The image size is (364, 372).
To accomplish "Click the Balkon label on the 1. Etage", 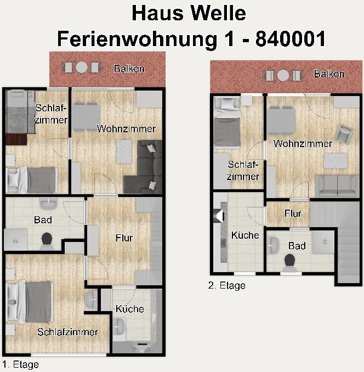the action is click(x=129, y=69).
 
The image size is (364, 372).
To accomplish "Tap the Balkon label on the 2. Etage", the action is click(x=329, y=74).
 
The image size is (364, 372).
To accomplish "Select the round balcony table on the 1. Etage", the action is click(x=82, y=67).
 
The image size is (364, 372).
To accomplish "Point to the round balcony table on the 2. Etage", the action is click(x=283, y=76).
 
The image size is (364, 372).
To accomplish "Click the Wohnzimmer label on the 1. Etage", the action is click(x=126, y=129).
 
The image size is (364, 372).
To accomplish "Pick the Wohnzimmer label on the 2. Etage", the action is click(x=303, y=144).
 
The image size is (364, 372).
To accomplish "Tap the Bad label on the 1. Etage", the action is click(x=43, y=220).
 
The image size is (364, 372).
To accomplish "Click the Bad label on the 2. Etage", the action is click(x=297, y=246).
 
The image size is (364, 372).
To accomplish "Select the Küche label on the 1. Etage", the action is click(x=129, y=309).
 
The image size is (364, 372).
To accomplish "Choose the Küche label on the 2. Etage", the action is click(x=245, y=235).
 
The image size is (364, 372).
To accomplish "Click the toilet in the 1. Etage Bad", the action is click(x=47, y=241).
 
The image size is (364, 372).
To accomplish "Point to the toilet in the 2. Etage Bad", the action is click(x=289, y=263).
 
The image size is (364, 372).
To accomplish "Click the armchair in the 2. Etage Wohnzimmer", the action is click(x=344, y=134).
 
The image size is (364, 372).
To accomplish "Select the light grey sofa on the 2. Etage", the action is click(x=337, y=186).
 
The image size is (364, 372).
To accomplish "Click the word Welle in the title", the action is click(x=218, y=13).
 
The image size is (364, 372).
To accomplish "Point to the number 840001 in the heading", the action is click(x=291, y=39).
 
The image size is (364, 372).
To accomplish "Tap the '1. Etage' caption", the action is click(x=20, y=364).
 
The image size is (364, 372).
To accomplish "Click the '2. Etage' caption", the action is click(x=226, y=285).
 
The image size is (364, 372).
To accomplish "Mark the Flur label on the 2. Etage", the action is click(x=293, y=214).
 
